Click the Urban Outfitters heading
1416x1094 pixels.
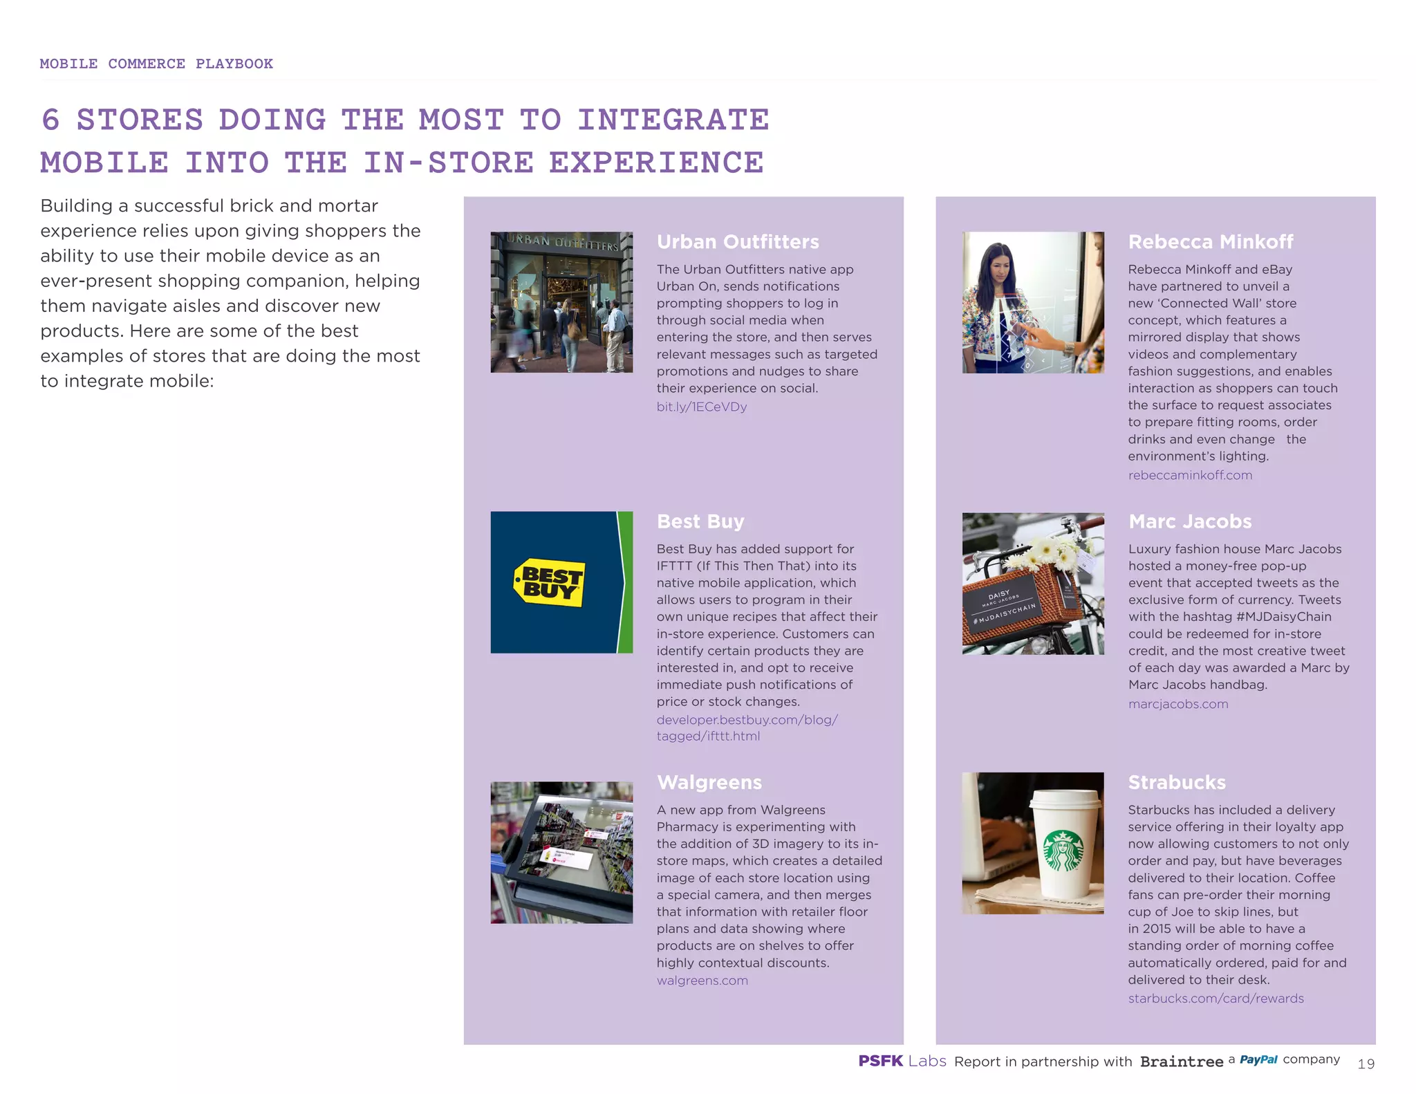(737, 242)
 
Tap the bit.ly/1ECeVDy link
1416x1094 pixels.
(701, 407)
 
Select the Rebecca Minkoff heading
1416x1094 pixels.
(1210, 242)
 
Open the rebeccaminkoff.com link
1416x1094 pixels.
(1189, 475)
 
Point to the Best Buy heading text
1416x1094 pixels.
(700, 521)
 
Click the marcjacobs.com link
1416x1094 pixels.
(1177, 704)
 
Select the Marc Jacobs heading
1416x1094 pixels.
(1189, 521)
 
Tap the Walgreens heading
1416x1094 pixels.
(709, 782)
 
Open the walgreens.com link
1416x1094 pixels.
(702, 981)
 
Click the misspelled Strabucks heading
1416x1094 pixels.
(1176, 782)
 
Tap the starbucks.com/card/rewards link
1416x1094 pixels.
(1215, 999)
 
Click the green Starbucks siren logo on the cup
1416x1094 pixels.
(1063, 851)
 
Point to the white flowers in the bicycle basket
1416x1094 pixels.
(1047, 550)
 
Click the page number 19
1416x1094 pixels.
(1366, 1064)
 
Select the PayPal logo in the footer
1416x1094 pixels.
(1258, 1059)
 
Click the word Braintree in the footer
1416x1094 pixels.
(1181, 1061)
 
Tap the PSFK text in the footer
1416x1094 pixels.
(880, 1061)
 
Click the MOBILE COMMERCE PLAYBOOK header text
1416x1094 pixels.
(156, 64)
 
